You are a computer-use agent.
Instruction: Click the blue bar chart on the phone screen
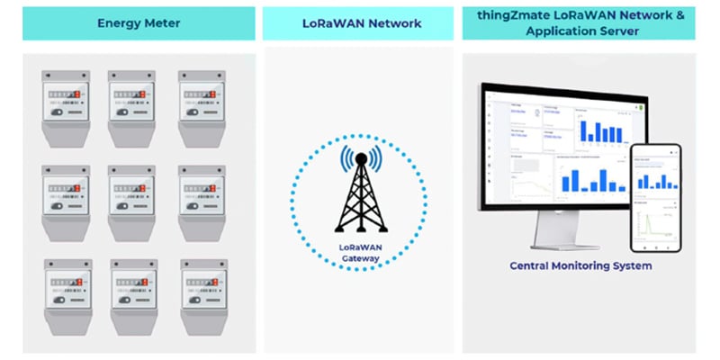click(x=655, y=179)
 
